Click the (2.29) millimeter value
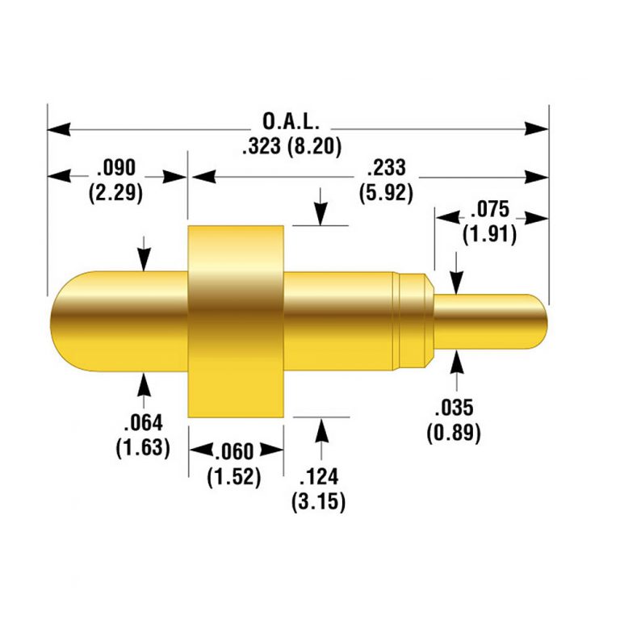(x=118, y=192)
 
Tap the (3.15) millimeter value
(x=319, y=501)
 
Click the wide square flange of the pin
(x=236, y=321)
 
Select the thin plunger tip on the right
(x=492, y=320)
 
